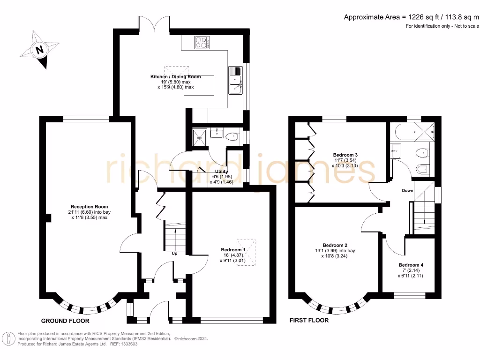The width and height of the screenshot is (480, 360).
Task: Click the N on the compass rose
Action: coord(39,49)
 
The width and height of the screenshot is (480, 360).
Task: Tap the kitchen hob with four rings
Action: coord(202,43)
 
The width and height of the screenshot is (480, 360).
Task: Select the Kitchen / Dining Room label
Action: coord(175,76)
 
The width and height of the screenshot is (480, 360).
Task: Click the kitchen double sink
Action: coord(235,80)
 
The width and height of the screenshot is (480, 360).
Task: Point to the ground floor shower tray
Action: coord(200,138)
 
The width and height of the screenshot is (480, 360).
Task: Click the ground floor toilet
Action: coord(232,136)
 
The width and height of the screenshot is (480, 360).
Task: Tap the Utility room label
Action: coord(221,172)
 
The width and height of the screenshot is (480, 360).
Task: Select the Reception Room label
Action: coord(89,207)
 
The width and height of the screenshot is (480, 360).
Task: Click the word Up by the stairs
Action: coord(174,253)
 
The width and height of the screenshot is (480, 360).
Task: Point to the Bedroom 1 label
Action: coord(233,250)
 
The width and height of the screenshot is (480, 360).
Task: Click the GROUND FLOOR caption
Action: coord(65,321)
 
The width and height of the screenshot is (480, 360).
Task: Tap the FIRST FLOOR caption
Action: coord(309,320)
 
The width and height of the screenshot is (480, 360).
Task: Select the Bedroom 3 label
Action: coord(345,155)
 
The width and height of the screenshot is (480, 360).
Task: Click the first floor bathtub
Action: coord(414,132)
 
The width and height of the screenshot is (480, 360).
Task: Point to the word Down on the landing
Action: coord(407,190)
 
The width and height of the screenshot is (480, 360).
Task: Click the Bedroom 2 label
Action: coord(335,245)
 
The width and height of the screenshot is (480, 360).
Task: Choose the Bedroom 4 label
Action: coord(411,265)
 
